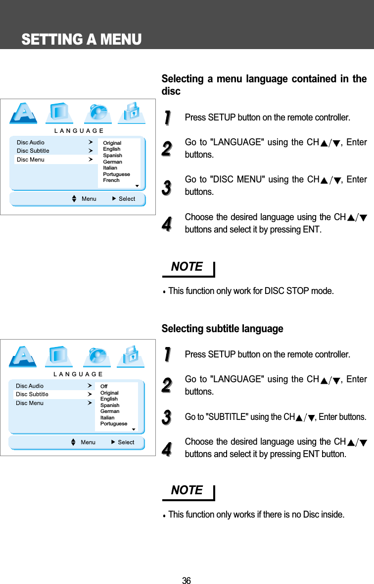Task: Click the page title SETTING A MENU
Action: pyautogui.click(x=82, y=39)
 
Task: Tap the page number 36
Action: pyautogui.click(x=186, y=581)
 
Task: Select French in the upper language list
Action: pyautogui.click(x=111, y=180)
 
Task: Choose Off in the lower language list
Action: pyautogui.click(x=104, y=386)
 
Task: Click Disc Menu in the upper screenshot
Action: pyautogui.click(x=31, y=160)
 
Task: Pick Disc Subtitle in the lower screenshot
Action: pyautogui.click(x=32, y=394)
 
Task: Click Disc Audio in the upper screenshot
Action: pyautogui.click(x=31, y=142)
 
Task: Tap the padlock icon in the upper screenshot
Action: pyautogui.click(x=132, y=113)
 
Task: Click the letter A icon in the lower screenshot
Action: pyautogui.click(x=24, y=356)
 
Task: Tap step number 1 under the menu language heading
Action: pyautogui.click(x=167, y=118)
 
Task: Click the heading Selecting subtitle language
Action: pyautogui.click(x=223, y=329)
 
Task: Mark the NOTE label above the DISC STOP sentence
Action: pyautogui.click(x=187, y=267)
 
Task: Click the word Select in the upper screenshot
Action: pyautogui.click(x=127, y=199)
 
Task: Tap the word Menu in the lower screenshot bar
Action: pyautogui.click(x=88, y=442)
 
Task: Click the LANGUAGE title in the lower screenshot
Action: pyautogui.click(x=78, y=374)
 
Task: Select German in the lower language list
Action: pyautogui.click(x=110, y=411)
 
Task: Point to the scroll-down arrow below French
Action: pyautogui.click(x=137, y=187)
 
